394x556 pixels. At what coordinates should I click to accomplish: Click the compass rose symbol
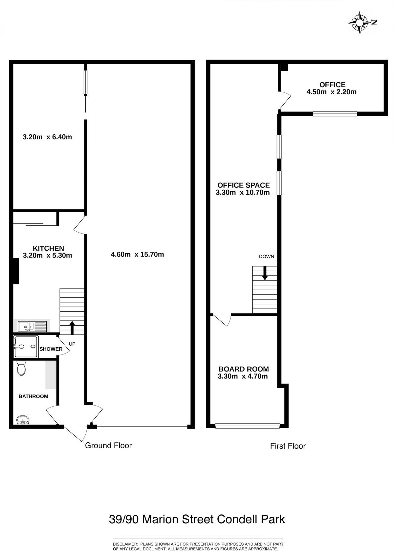360,23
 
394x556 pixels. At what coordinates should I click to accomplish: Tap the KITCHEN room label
48,248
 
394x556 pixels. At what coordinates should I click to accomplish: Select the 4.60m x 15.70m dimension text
137,255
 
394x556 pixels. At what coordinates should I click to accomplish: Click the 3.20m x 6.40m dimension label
47,137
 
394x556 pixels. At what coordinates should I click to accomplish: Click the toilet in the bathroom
21,368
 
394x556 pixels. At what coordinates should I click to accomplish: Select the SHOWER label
51,349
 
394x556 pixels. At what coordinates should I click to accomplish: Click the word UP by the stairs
72,344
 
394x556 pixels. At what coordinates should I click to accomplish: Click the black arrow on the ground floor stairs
72,328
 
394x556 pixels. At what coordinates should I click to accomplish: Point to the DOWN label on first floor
266,257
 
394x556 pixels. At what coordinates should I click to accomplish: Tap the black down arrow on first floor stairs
265,273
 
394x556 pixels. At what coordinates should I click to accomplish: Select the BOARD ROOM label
244,369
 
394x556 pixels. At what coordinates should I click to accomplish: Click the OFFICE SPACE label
244,185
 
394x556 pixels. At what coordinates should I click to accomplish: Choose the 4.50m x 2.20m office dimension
331,92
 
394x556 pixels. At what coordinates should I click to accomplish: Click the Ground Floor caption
108,446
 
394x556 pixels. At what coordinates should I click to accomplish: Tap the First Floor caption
288,446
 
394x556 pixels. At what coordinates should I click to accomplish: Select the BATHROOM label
33,396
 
